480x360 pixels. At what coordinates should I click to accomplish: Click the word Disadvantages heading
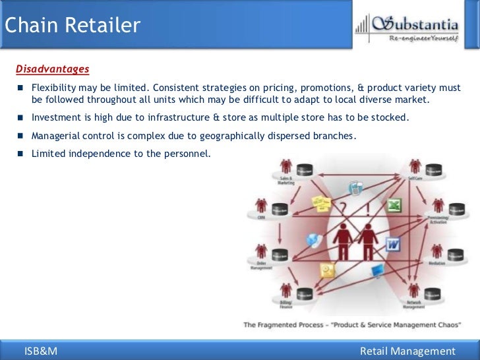coord(52,69)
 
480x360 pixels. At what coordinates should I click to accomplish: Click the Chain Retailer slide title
coord(72,26)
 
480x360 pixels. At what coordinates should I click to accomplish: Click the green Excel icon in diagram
coord(394,206)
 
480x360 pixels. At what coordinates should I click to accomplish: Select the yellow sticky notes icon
coord(321,201)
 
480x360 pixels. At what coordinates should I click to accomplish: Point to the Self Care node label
coord(415,178)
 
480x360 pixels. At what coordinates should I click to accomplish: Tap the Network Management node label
coord(414,304)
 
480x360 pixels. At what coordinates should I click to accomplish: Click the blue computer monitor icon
coord(378,270)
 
